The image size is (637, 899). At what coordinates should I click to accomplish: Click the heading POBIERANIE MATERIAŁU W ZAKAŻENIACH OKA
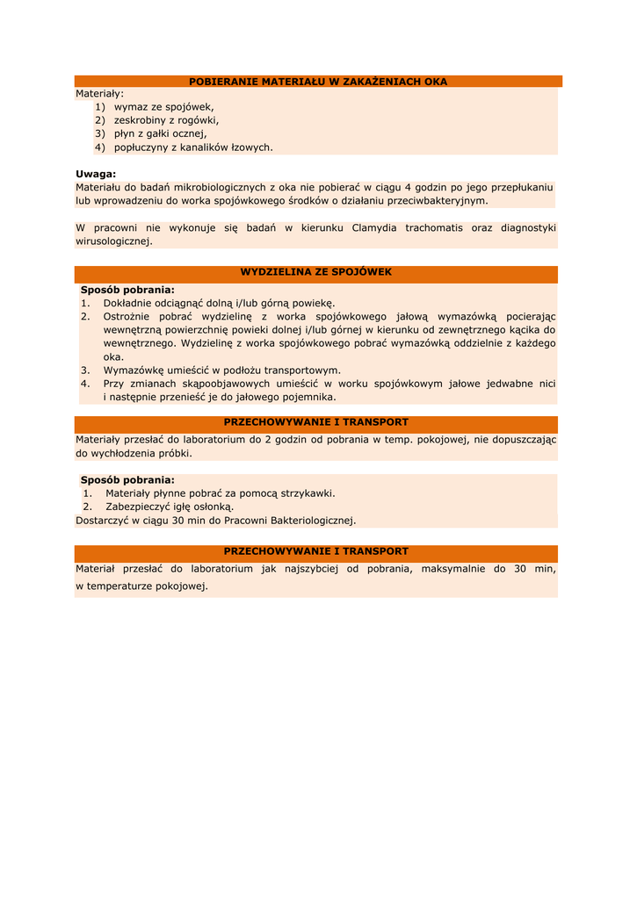pyautogui.click(x=318, y=82)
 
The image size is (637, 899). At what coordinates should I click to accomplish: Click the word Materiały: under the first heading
pyautogui.click(x=99, y=93)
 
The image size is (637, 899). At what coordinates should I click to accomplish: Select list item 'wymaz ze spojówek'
pyautogui.click(x=164, y=106)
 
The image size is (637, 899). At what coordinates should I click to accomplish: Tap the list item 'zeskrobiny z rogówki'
pyautogui.click(x=167, y=120)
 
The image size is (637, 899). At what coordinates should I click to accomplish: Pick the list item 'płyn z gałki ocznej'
pyautogui.click(x=161, y=133)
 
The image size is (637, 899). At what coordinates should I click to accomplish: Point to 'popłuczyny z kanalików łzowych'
pyautogui.click(x=194, y=147)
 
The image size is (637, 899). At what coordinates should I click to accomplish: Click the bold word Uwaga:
pyautogui.click(x=96, y=174)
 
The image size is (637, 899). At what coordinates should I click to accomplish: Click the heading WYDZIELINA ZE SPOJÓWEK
pyautogui.click(x=316, y=272)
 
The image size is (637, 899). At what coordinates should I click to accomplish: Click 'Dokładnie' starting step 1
pyautogui.click(x=129, y=303)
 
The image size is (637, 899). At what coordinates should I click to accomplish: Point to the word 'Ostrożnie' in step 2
pyautogui.click(x=129, y=316)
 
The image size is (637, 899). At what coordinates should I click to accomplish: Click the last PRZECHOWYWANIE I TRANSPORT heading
pyautogui.click(x=316, y=551)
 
